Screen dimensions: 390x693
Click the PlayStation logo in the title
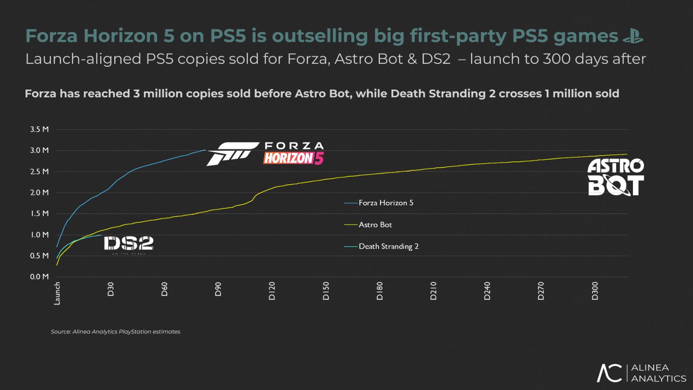click(x=633, y=36)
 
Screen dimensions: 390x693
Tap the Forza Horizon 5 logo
click(x=266, y=154)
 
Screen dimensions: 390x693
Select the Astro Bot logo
click(x=616, y=177)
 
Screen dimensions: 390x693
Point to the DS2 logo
click(x=129, y=245)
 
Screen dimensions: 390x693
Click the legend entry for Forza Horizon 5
click(x=385, y=203)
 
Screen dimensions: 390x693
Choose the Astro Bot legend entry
click(x=375, y=225)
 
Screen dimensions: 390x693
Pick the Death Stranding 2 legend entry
click(x=388, y=246)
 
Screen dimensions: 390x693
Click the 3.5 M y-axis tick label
click(x=39, y=129)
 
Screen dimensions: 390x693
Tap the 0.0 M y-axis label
click(x=39, y=277)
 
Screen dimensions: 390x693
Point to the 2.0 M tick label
click(x=39, y=193)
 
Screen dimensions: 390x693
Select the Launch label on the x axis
click(x=57, y=293)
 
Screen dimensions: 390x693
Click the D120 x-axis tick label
click(x=272, y=291)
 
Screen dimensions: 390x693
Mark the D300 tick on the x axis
click(x=595, y=291)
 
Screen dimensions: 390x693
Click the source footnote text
click(x=115, y=332)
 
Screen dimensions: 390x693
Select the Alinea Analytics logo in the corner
click(x=641, y=373)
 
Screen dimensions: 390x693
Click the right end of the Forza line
click(x=205, y=150)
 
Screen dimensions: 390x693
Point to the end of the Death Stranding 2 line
click(x=102, y=235)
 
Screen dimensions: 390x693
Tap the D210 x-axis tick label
click(x=433, y=291)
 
